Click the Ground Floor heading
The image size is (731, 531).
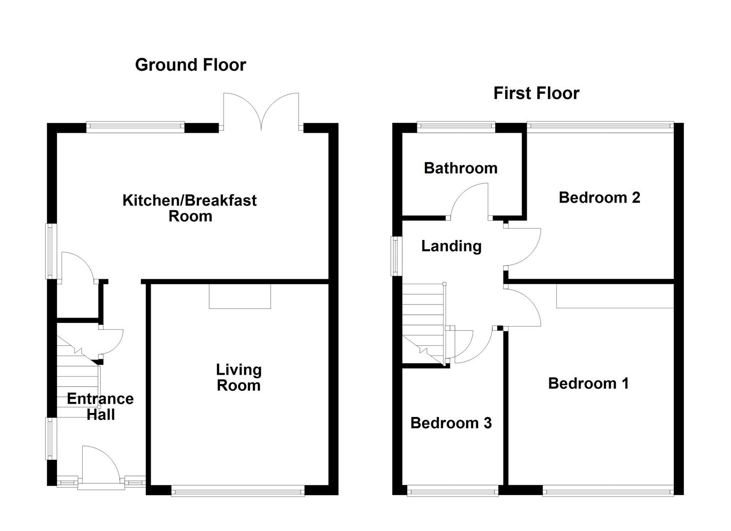pyautogui.click(x=191, y=65)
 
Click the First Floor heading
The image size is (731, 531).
pyautogui.click(x=536, y=93)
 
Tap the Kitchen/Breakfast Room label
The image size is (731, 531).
pyautogui.click(x=190, y=208)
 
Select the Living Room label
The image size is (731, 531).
pyautogui.click(x=239, y=377)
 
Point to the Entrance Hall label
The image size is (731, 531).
pyautogui.click(x=100, y=406)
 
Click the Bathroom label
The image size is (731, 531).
pyautogui.click(x=460, y=168)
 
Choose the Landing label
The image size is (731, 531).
pyautogui.click(x=451, y=246)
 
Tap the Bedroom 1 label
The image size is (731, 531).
pyautogui.click(x=588, y=383)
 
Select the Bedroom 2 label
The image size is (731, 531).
pyautogui.click(x=599, y=198)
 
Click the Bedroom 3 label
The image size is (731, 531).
pyautogui.click(x=451, y=423)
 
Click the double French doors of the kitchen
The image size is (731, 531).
pyautogui.click(x=261, y=112)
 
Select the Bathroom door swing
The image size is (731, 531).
pyautogui.click(x=470, y=202)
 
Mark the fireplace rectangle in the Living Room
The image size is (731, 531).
pyautogui.click(x=240, y=296)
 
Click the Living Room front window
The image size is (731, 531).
pyautogui.click(x=238, y=490)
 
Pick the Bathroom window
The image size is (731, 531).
pyautogui.click(x=456, y=127)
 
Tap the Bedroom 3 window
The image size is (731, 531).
pyautogui.click(x=452, y=490)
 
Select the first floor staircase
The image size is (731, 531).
pyautogui.click(x=423, y=324)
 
